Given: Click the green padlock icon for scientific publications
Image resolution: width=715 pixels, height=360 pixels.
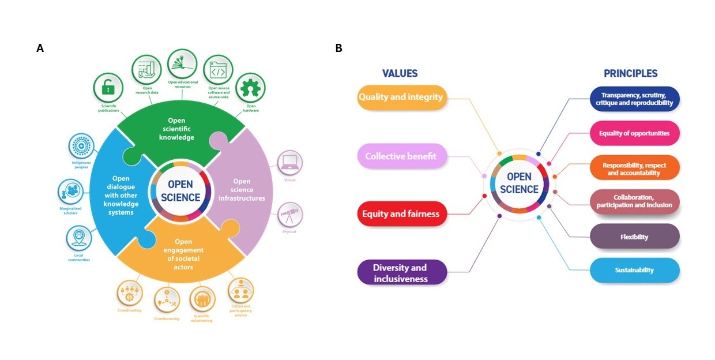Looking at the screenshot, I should point(108,88).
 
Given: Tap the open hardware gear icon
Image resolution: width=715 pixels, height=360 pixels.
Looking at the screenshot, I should point(251,87).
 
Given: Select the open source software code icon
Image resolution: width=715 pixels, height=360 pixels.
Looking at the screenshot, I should point(218,70).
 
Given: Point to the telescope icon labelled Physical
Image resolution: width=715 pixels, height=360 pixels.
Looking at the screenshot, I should point(289,215).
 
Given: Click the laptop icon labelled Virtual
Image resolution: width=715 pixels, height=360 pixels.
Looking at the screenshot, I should point(289,163).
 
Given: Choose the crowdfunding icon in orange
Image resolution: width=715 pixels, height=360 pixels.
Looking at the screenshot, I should point(129,292).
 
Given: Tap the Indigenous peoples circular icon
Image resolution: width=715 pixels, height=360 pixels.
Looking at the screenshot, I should point(81,146).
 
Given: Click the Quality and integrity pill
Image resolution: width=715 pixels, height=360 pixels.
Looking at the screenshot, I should point(401,97).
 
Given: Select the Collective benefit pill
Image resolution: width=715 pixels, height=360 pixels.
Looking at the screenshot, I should point(401,156).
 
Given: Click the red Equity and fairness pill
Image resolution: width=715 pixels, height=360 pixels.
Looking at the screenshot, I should point(401,214).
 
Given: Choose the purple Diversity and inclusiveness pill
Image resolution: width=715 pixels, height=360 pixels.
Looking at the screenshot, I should point(401,273).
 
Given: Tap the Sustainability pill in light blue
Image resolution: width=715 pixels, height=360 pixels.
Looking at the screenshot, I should point(634,270).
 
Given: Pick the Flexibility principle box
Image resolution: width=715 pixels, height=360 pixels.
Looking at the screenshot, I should point(634,237).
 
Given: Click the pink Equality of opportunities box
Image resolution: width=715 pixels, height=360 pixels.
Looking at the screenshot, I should point(634,133).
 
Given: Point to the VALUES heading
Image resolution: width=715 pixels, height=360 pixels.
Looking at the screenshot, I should point(400,73).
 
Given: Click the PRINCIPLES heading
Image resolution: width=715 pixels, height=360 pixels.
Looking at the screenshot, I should point(630,73).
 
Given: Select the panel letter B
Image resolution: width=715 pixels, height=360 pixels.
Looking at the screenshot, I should point(338,48).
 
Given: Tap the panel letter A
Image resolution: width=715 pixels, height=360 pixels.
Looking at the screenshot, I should point(40,48).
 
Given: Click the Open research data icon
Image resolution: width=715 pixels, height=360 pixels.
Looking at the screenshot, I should point(146,70).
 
